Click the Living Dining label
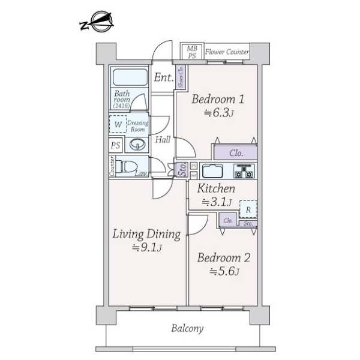[146, 233]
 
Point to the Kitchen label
[217, 189]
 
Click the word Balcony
[187, 328]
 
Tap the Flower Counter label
[227, 52]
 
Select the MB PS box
[191, 52]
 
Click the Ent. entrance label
[163, 77]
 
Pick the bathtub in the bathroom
[130, 77]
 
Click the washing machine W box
[118, 125]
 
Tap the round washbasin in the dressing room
[139, 145]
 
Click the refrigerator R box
[248, 209]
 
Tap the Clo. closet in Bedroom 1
[236, 152]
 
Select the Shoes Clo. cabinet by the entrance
[181, 79]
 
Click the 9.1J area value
[146, 248]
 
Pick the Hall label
[163, 140]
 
